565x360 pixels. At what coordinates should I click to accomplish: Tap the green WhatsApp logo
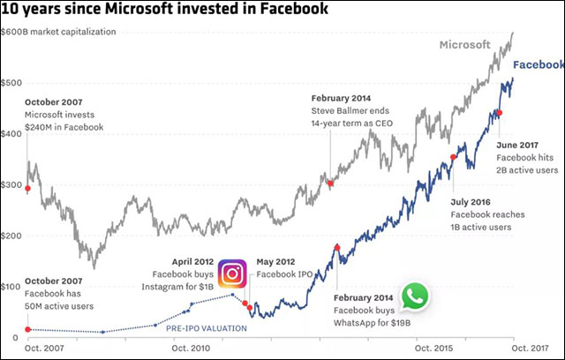414,297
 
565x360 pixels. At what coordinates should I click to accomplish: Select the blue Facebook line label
538,65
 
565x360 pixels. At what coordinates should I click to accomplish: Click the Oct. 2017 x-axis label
537,349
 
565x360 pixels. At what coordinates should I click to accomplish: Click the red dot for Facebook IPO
250,308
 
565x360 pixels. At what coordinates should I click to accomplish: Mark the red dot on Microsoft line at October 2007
27,188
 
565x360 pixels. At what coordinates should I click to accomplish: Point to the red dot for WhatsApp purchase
337,248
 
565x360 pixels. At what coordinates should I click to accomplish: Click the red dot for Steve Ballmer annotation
330,184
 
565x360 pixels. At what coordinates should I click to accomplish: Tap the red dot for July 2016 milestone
453,158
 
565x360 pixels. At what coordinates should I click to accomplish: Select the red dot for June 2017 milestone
499,113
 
